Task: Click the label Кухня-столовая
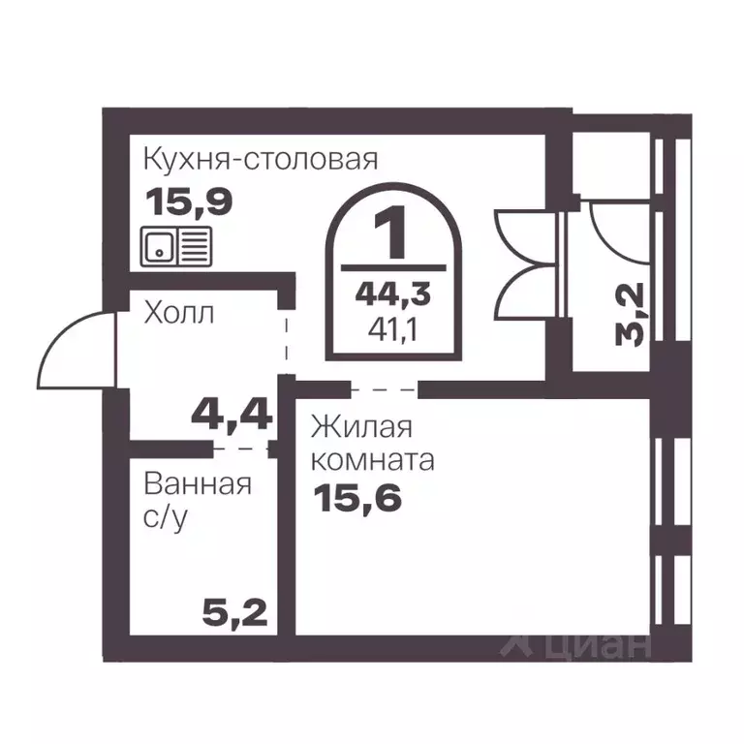point(260,158)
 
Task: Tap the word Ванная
point(198,483)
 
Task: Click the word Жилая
point(361,427)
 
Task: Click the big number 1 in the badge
point(393,235)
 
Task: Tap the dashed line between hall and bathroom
point(240,449)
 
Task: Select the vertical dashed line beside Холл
point(287,334)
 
